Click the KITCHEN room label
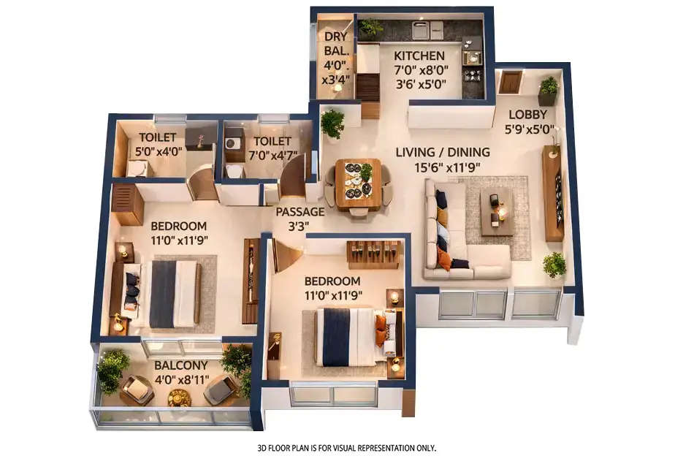pyautogui.click(x=419, y=56)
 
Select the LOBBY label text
pyautogui.click(x=527, y=114)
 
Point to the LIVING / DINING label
pyautogui.click(x=443, y=153)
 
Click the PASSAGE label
pyautogui.click(x=300, y=212)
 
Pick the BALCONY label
pyautogui.click(x=180, y=365)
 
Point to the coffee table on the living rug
pyautogui.click(x=497, y=210)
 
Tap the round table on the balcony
pyautogui.click(x=179, y=397)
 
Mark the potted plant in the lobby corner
pyautogui.click(x=548, y=91)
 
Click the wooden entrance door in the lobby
pyautogui.click(x=510, y=81)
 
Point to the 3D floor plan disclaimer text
pyautogui.click(x=346, y=447)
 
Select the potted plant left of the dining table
pyautogui.click(x=332, y=122)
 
